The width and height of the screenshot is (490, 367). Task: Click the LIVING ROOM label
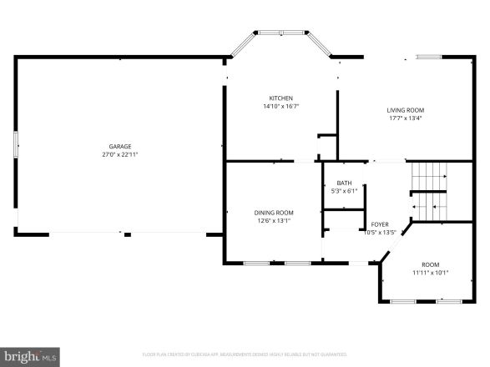405,110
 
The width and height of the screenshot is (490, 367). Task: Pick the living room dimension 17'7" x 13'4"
405,118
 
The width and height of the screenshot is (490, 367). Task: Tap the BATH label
344,183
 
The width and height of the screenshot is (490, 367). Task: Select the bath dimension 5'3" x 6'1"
344,191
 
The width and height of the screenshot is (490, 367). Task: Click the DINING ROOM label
274,213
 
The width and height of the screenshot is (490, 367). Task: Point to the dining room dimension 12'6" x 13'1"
274,221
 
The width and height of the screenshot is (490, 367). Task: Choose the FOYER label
380,224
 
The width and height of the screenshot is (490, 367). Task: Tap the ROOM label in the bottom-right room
430,264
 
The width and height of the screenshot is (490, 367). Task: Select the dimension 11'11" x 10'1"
430,272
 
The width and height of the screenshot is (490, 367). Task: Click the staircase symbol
430,192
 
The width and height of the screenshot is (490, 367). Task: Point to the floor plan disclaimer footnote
245,354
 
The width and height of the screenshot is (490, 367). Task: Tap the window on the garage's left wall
14,148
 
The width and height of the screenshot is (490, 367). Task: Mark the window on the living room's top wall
429,57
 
